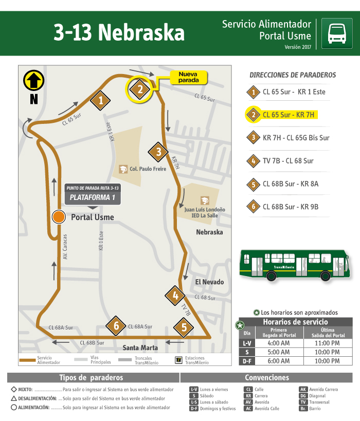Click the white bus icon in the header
click(x=336, y=33)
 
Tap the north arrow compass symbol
click(x=34, y=81)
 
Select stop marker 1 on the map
click(x=101, y=100)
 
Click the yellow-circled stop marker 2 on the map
click(x=139, y=89)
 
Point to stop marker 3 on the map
click(x=159, y=152)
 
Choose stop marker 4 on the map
click(x=175, y=296)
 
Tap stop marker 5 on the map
click(x=184, y=327)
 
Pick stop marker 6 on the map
click(x=116, y=325)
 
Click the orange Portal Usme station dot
click(x=59, y=217)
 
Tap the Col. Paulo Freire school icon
click(x=123, y=169)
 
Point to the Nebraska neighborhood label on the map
click(x=209, y=232)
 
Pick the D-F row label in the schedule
click(x=247, y=361)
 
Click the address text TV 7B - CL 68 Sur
click(x=288, y=161)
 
